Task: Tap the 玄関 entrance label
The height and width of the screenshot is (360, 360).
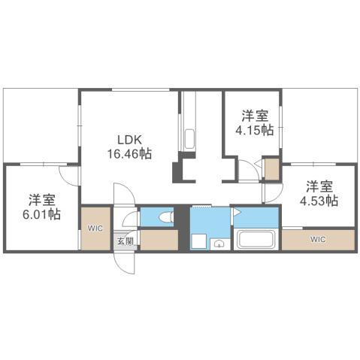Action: point(124,242)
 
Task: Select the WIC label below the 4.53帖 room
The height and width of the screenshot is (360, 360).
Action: point(317,240)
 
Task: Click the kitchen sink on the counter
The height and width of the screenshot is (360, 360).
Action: point(189,138)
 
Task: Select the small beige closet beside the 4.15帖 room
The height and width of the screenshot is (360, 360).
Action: point(271,168)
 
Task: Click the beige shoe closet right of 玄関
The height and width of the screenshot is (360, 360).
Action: point(158,241)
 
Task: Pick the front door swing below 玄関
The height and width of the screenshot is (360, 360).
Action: point(122,260)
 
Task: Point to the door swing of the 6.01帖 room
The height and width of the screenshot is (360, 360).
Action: point(69,173)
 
